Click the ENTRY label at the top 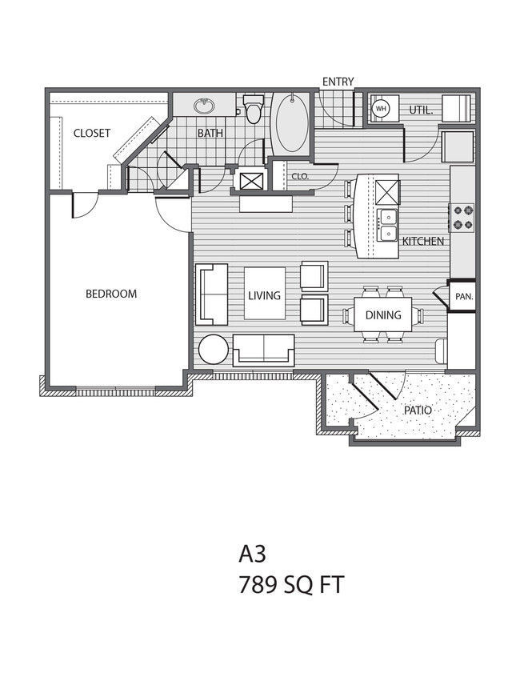coord(338,81)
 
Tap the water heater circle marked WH coord(381,109)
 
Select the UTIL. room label coord(421,110)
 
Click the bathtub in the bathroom coord(291,125)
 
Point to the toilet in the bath coord(255,110)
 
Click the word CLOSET coord(91,134)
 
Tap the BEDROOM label coord(111,294)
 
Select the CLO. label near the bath coord(300,176)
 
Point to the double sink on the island coord(388,226)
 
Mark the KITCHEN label coord(423,241)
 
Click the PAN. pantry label coord(463,295)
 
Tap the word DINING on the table coord(383,315)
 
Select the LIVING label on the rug coord(264,295)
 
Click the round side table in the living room coord(214,350)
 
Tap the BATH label coord(210,134)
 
